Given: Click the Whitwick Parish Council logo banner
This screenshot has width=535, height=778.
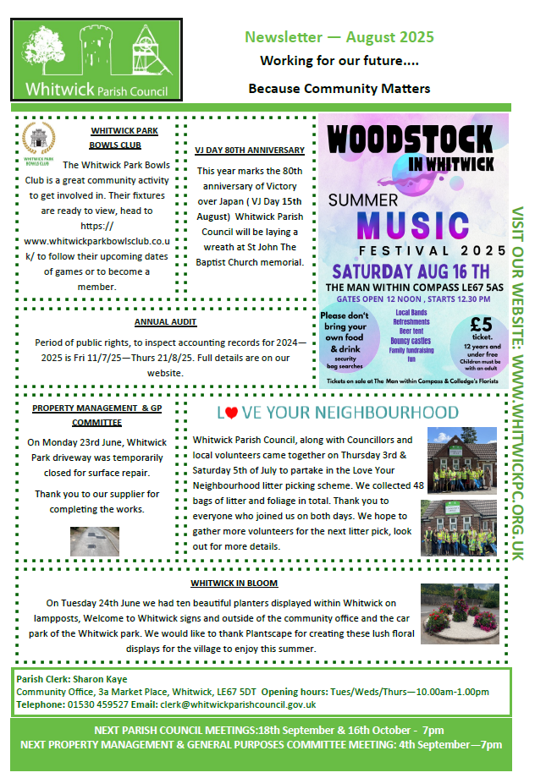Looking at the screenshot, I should point(96,61).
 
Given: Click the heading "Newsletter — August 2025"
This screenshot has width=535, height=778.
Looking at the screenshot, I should point(339,37).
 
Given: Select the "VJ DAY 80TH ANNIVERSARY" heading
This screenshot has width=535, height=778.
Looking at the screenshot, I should point(250,150).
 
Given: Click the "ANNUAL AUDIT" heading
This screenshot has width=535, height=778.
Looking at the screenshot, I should point(166,322).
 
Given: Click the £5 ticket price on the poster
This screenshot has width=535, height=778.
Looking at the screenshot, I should point(480,326).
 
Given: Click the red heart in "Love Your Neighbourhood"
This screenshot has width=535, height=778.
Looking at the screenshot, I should point(230,414).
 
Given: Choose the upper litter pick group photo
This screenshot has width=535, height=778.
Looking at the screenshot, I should point(461,458).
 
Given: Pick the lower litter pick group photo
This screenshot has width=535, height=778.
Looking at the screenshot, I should point(461,529).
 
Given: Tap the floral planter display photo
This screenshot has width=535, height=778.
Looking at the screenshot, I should point(461,620).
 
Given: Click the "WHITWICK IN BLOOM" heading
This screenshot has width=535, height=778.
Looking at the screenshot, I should point(234,583).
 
